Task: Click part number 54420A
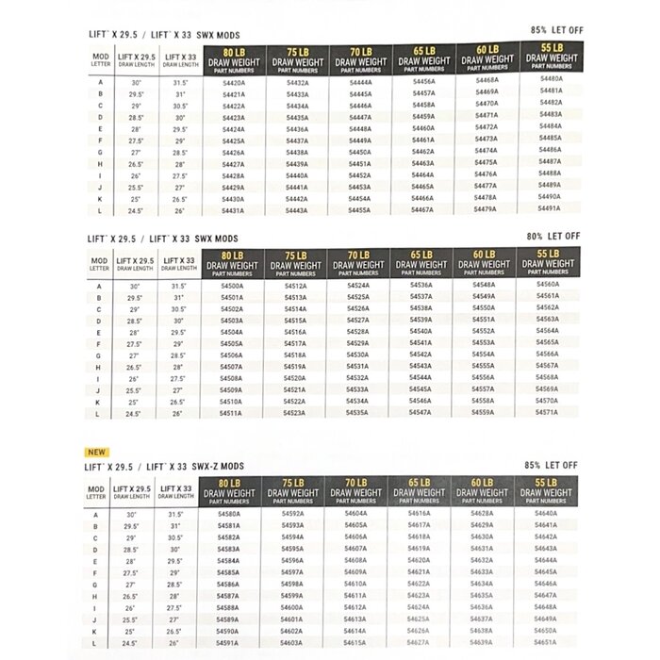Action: click(233, 83)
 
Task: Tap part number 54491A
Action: click(551, 207)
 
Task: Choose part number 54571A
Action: click(547, 411)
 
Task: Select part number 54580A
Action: click(227, 515)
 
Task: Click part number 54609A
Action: click(355, 571)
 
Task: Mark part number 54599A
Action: click(292, 595)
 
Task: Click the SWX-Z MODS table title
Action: click(165, 466)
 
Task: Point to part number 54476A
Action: click(486, 173)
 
